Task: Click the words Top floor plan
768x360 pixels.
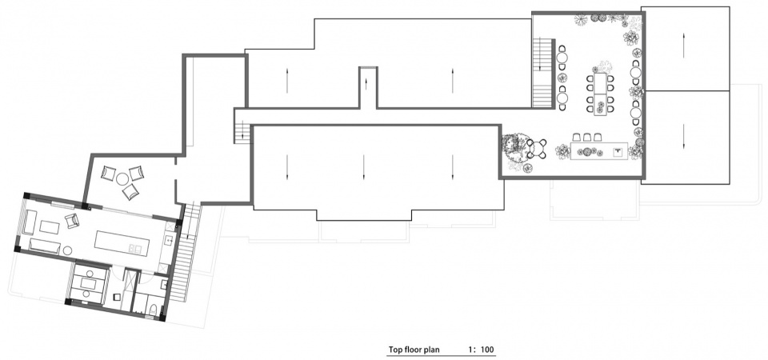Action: pos(414,350)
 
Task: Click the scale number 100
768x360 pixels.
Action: pos(487,350)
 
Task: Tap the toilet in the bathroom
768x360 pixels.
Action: pos(153,310)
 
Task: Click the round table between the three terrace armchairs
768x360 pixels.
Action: pos(122,179)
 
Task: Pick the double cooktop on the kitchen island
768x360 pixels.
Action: pos(134,249)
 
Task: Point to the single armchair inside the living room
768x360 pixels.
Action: pos(72,221)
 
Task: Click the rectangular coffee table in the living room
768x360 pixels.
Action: pos(50,227)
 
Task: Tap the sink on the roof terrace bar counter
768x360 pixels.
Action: pos(618,151)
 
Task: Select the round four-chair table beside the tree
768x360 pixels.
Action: pos(536,149)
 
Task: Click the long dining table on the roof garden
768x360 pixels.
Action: pos(600,94)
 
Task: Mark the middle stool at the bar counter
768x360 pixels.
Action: pos(586,137)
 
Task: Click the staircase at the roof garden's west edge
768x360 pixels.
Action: pos(542,73)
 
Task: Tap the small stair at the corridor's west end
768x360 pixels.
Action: pos(242,133)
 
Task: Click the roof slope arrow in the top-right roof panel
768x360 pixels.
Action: pos(684,47)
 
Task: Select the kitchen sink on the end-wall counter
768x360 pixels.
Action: pos(169,240)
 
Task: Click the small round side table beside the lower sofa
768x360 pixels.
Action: pos(67,250)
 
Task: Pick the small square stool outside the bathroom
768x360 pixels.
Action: pos(117,296)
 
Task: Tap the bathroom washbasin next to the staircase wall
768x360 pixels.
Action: pos(164,284)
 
